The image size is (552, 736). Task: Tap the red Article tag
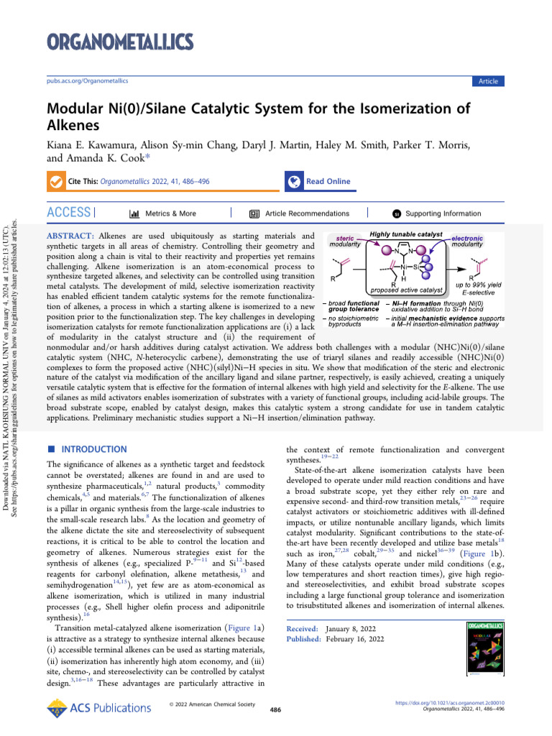click(x=488, y=81)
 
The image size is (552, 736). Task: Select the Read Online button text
click(x=328, y=182)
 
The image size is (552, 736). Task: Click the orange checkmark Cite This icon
click(x=55, y=182)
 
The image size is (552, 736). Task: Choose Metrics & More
click(x=170, y=213)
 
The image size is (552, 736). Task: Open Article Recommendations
click(x=307, y=213)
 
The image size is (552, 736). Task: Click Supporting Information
click(x=443, y=213)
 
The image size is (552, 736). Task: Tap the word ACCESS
click(x=68, y=213)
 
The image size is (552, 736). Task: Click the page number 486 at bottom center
click(x=275, y=710)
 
